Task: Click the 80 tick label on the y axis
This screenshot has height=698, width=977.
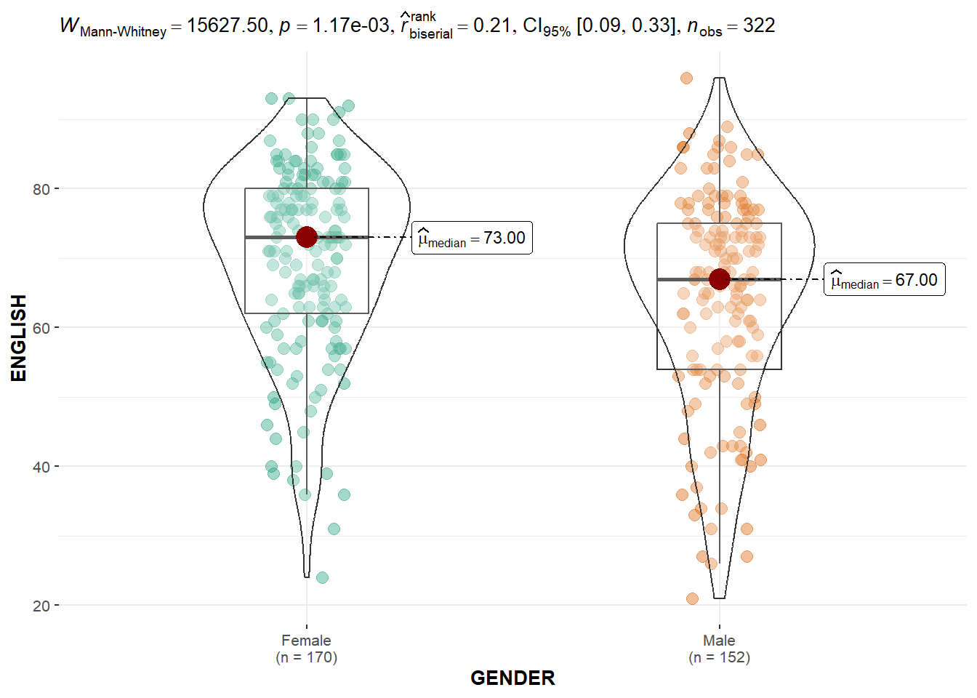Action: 41,189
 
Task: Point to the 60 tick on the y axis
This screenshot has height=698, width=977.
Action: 41,328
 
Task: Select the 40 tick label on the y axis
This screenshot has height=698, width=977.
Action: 41,467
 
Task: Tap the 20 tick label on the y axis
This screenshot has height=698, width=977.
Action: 41,606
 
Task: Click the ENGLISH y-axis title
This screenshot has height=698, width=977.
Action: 19,338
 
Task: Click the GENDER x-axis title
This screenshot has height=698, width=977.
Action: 512,678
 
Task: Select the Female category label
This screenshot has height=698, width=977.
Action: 306,641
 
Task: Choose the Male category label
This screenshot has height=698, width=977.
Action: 719,641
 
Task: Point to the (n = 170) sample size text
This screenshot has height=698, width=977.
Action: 306,657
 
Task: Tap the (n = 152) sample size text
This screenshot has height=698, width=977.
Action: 719,657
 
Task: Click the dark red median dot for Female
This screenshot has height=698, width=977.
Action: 307,237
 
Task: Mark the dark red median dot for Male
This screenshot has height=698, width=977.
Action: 720,279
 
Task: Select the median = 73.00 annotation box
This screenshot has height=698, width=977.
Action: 472,238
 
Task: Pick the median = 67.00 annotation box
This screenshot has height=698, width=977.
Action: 884,280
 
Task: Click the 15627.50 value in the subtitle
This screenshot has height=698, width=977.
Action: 228,25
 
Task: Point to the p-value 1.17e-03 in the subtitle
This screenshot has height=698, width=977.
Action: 351,25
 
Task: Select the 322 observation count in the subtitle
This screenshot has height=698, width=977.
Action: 759,25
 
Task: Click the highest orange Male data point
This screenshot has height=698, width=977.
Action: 686,78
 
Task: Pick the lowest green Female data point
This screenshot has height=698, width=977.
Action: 322,577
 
